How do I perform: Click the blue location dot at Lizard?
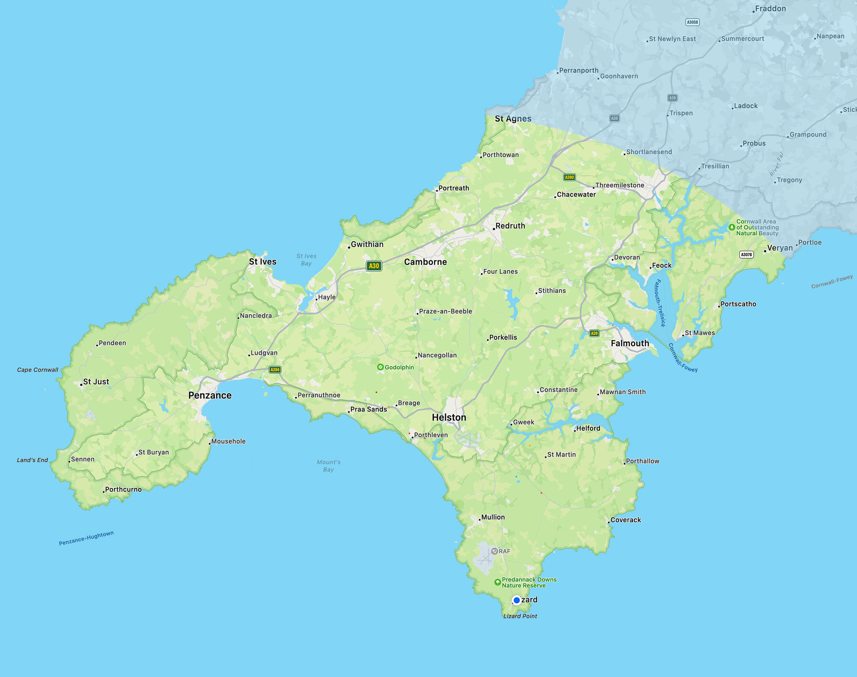(516, 600)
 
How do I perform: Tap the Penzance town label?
(210, 395)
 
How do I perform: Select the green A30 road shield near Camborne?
(374, 266)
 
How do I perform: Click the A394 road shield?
(275, 370)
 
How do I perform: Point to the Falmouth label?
(630, 343)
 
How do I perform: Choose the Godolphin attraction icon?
(380, 367)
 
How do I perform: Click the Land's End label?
(32, 460)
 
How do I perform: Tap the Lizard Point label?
(520, 616)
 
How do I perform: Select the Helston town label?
(449, 417)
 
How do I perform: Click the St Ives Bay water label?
(306, 260)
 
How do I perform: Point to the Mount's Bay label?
(329, 466)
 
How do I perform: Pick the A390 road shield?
(569, 177)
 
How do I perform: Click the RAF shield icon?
(494, 551)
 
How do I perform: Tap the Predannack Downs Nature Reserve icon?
(498, 582)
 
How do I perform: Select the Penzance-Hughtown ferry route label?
(86, 538)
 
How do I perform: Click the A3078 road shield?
(746, 254)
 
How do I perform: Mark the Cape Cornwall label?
(38, 370)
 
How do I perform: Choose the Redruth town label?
(510, 225)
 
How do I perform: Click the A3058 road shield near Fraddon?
(692, 22)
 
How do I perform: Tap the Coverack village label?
(626, 520)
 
